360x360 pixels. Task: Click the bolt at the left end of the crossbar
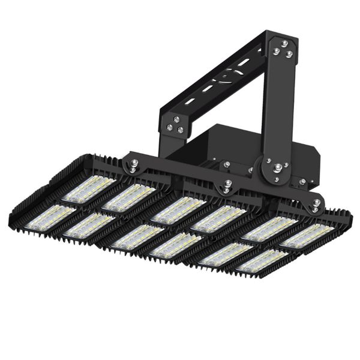[132, 162]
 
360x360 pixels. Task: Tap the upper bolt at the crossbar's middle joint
[226, 184]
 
